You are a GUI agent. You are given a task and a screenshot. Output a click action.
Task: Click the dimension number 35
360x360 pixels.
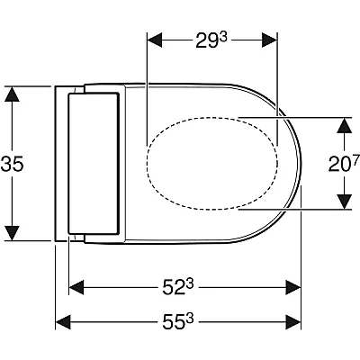(12, 164)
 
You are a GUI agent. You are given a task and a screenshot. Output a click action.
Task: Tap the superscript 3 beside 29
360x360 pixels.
(223, 37)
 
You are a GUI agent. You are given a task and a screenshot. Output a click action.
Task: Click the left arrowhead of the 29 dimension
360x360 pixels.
(156, 40)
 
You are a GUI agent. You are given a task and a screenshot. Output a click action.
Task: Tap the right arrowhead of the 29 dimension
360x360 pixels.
(269, 40)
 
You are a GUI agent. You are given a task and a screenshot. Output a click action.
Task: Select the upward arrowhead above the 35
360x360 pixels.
(12, 94)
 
